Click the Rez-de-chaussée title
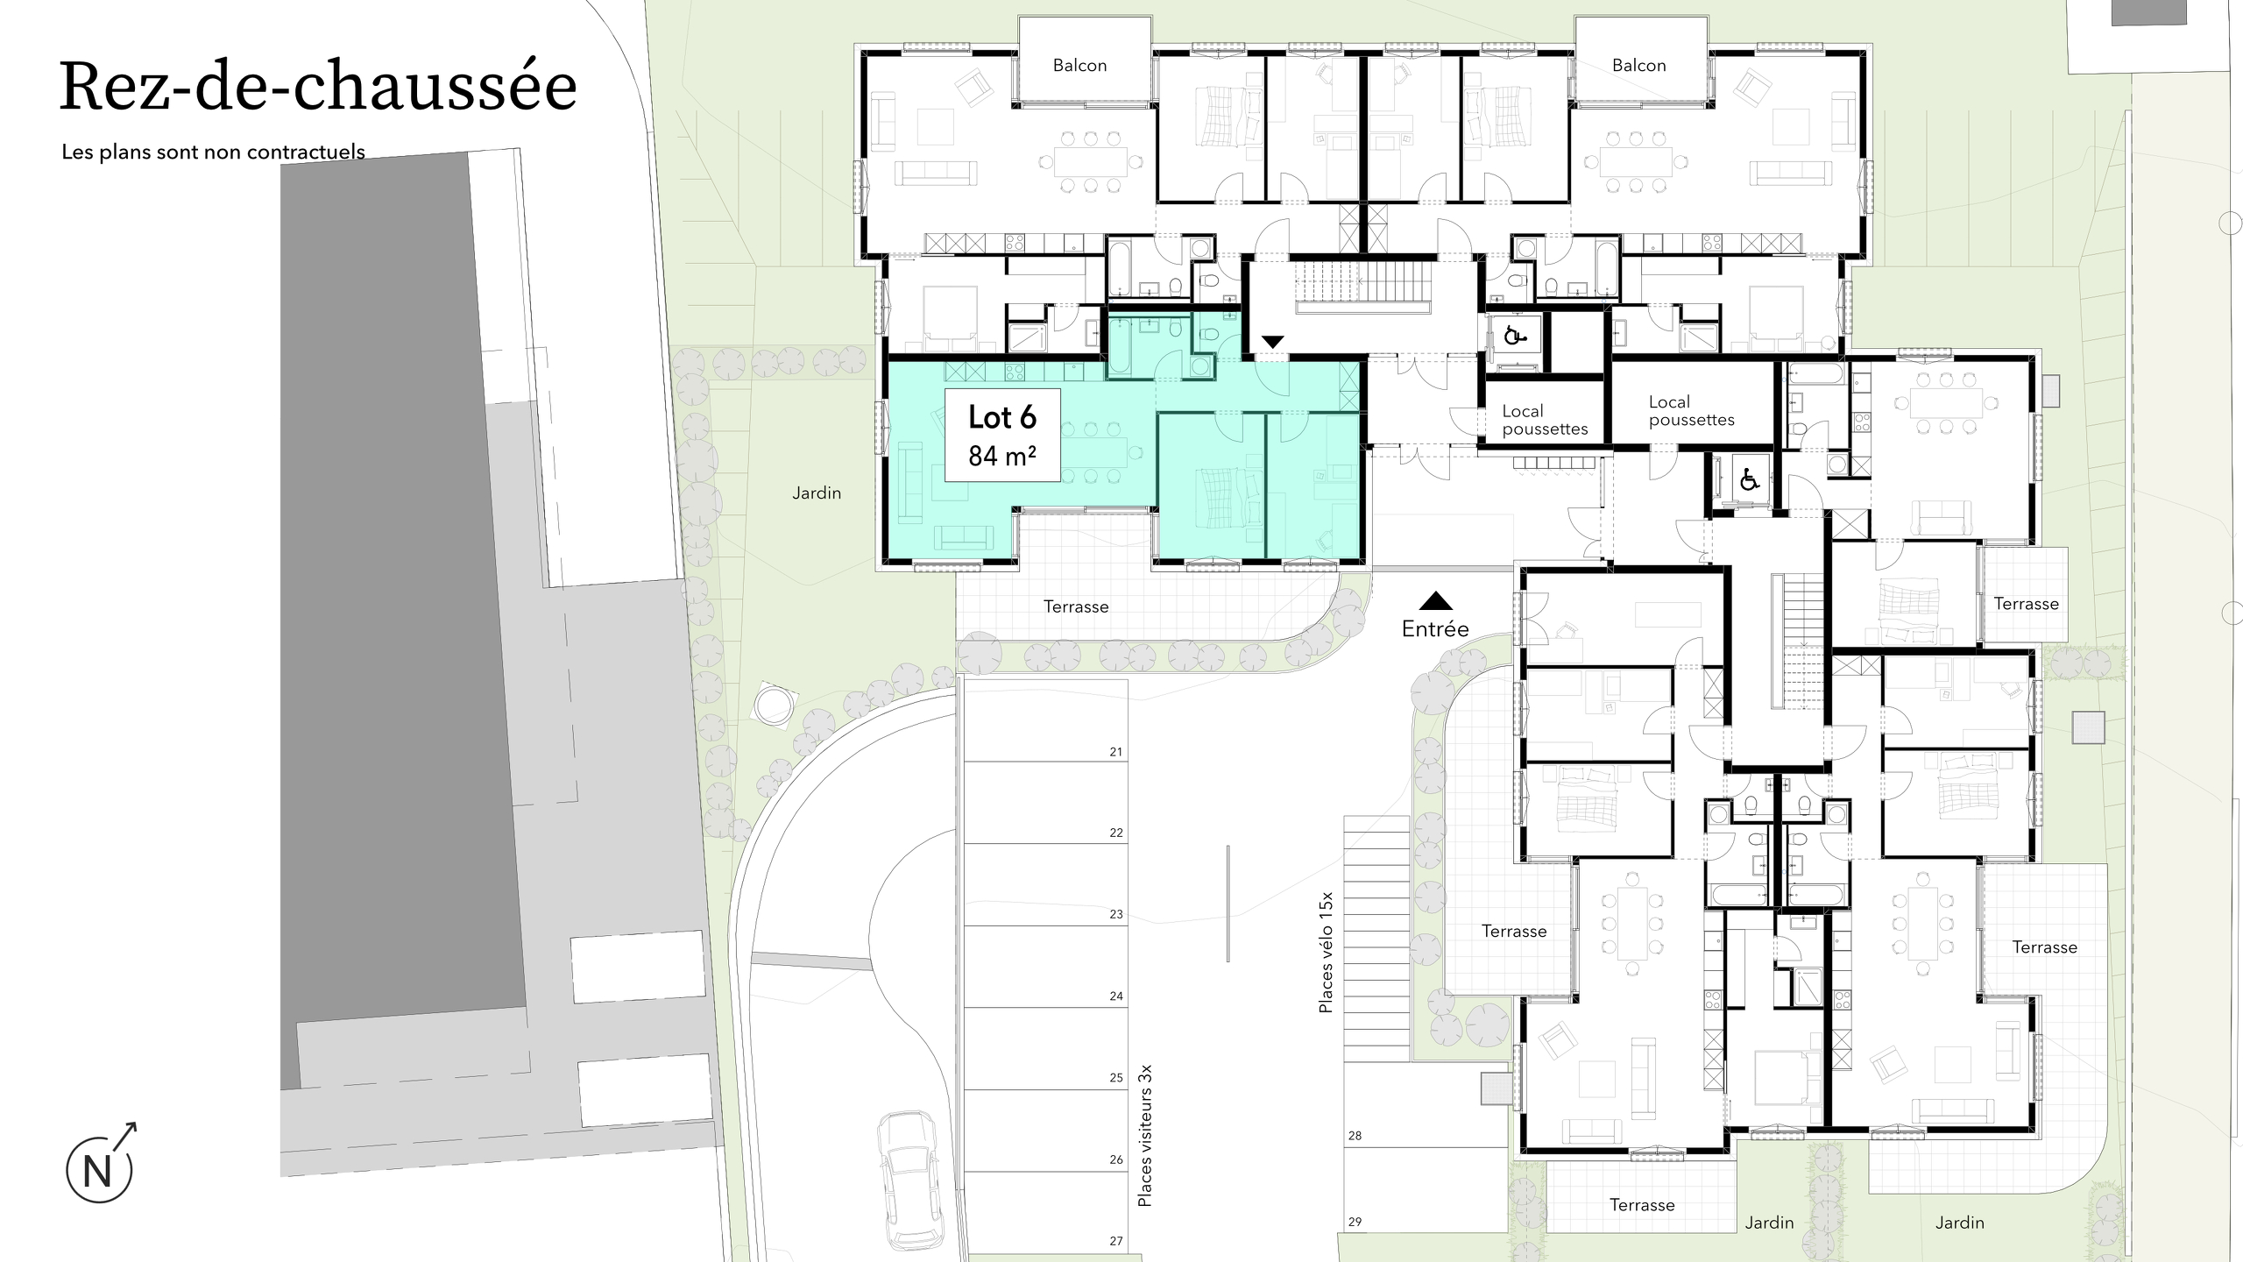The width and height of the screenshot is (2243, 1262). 318,88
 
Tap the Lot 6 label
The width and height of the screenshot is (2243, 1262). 1002,417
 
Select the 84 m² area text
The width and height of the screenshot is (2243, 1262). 1002,456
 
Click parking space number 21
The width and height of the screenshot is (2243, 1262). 1115,752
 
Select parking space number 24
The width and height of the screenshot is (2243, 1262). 1115,996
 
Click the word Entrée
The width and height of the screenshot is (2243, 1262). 1435,628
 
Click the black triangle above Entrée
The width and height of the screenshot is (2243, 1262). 1435,601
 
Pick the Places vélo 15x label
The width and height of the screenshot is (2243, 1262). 1327,953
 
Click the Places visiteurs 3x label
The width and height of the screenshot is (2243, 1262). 1144,1135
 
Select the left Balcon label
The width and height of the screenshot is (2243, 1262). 1079,66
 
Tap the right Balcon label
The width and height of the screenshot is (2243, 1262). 1638,66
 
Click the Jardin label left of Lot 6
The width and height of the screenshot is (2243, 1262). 817,493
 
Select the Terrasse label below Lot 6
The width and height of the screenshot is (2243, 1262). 1076,606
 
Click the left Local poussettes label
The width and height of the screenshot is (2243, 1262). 1544,420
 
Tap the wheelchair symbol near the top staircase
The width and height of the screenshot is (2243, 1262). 1514,335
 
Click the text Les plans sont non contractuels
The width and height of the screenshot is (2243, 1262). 213,152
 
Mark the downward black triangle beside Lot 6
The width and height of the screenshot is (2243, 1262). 1272,341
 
